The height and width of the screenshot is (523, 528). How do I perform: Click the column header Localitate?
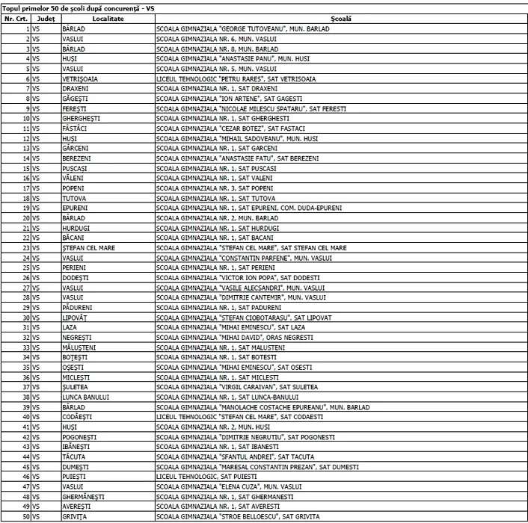(x=93, y=17)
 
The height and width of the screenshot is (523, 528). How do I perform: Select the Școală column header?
(x=340, y=17)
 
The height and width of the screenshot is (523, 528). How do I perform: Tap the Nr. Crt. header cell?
(x=16, y=17)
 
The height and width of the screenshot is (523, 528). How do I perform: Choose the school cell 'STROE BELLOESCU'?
(x=238, y=516)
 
